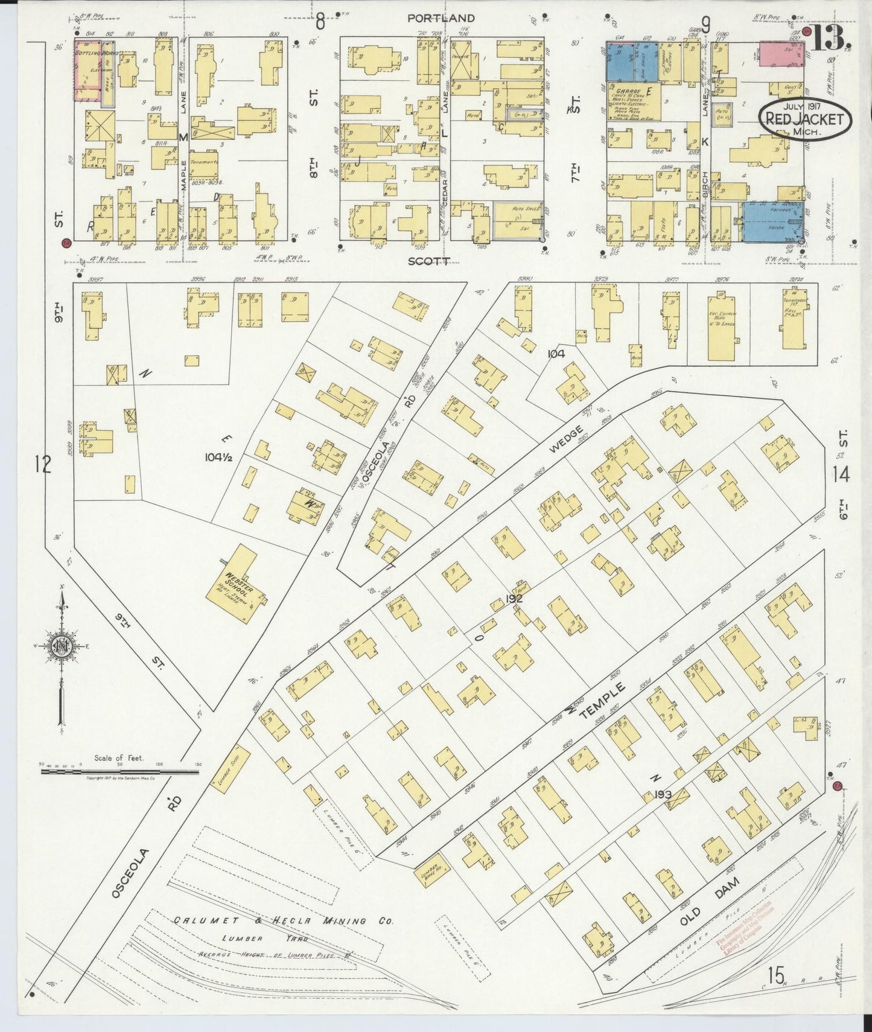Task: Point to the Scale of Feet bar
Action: (121, 771)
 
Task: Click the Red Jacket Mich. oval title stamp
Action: (804, 119)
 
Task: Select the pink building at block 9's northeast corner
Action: (781, 53)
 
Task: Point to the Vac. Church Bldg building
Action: (719, 326)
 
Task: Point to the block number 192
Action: (514, 599)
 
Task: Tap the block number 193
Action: (663, 794)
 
